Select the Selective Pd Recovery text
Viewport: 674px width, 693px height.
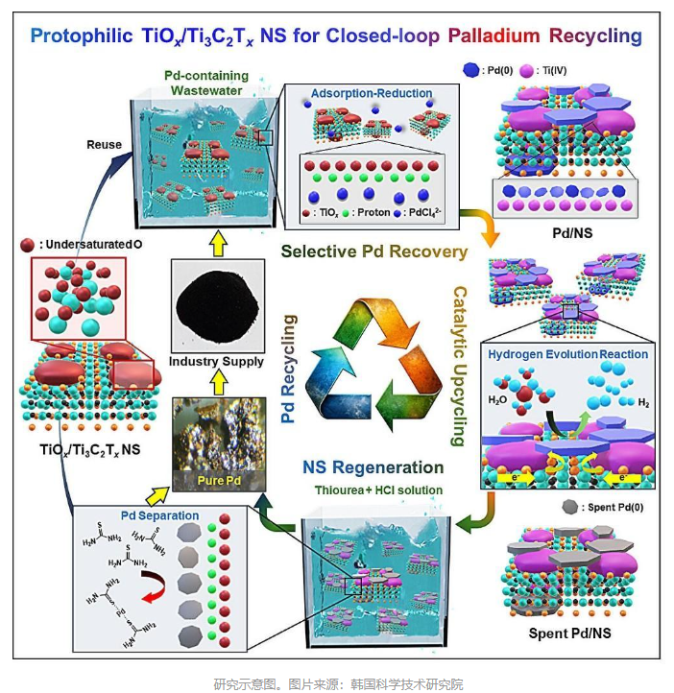point(373,252)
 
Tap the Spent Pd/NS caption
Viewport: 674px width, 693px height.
point(568,633)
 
